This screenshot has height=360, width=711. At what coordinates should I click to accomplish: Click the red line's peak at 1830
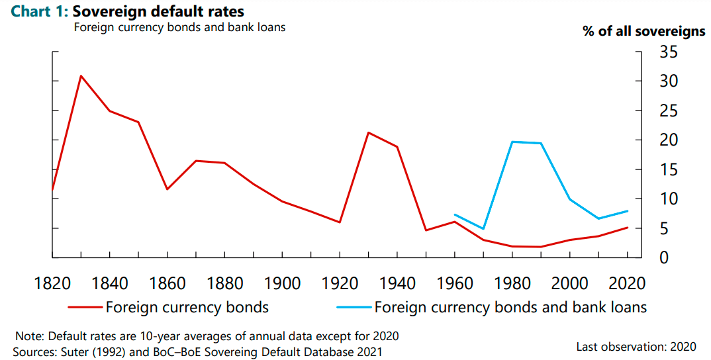point(81,75)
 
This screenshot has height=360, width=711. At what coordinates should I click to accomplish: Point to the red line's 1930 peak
point(368,132)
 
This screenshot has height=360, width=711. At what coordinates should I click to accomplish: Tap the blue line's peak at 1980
point(512,142)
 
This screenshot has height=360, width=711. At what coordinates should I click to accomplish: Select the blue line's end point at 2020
point(627,211)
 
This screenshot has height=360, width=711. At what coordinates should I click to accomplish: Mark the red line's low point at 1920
point(340,222)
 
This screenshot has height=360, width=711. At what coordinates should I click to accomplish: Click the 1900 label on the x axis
point(282,284)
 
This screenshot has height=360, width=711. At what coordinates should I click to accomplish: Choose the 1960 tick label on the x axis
point(455,284)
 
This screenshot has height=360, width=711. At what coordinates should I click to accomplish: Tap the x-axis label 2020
point(627,284)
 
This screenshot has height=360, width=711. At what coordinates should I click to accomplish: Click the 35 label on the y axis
point(669,52)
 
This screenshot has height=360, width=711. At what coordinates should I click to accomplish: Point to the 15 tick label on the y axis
point(669,169)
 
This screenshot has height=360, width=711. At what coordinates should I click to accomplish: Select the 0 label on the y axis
point(664,257)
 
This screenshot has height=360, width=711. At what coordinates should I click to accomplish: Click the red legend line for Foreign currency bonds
point(85,308)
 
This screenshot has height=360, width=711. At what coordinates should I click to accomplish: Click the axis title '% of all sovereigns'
point(644,31)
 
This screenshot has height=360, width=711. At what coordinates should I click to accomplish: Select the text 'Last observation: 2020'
point(636,347)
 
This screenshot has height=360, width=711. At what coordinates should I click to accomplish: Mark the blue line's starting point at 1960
point(455,214)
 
